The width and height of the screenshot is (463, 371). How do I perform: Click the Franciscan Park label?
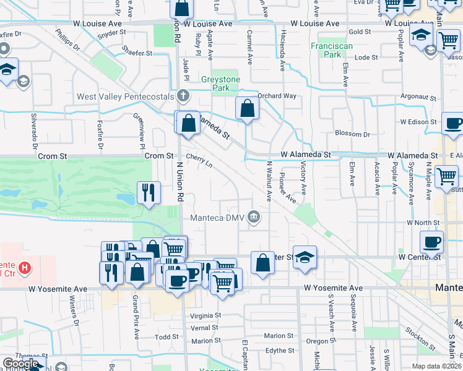click(x=326, y=50)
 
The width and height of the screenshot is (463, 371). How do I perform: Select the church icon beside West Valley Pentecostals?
click(x=182, y=96)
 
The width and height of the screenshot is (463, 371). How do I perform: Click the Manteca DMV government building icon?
click(x=254, y=217)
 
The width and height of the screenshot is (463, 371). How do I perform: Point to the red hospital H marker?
click(x=24, y=268)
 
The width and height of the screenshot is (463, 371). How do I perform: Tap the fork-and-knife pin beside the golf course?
click(x=149, y=192)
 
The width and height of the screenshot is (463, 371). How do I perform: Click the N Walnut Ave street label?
click(x=269, y=181)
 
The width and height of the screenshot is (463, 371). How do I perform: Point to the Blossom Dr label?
click(x=352, y=134)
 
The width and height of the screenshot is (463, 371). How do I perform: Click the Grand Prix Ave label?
click(x=135, y=317)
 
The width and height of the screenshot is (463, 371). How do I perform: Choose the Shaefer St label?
click(x=137, y=53)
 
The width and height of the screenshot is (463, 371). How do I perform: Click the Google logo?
click(x=20, y=364)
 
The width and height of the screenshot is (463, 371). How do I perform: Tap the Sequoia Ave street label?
click(x=353, y=313)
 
